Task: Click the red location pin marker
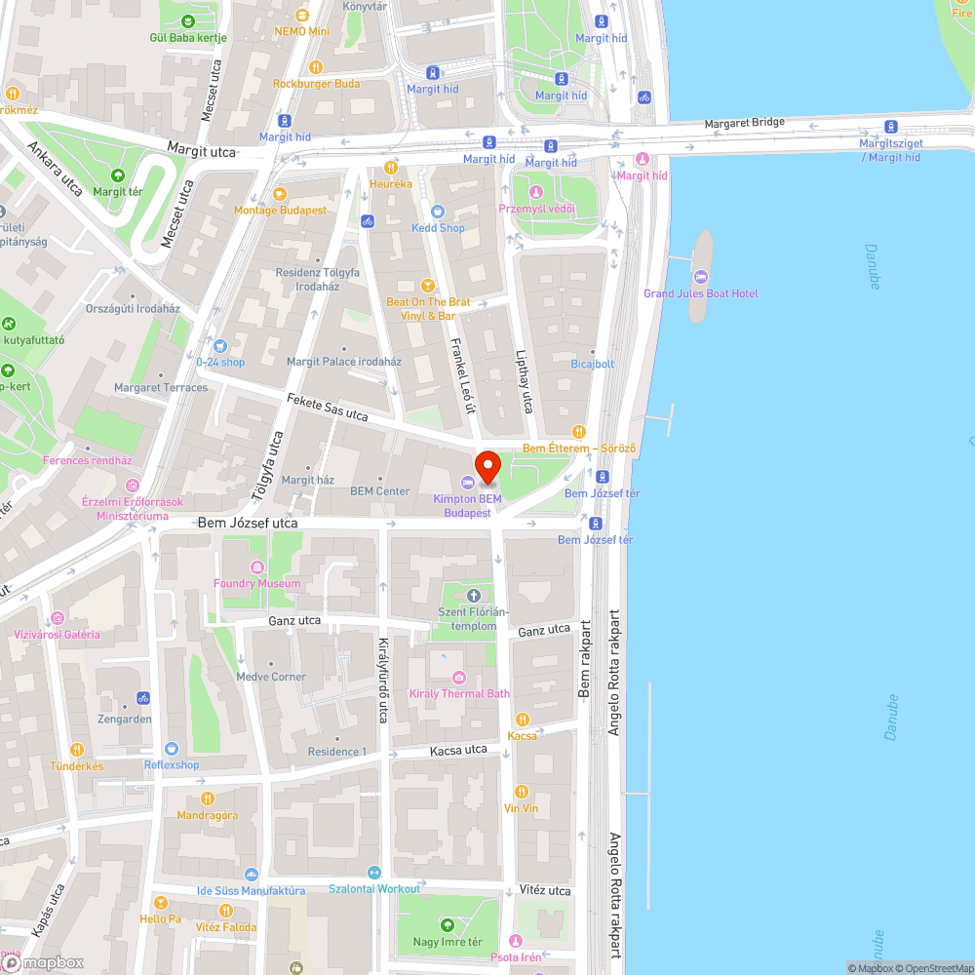(x=487, y=466)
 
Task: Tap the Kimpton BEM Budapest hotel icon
(x=467, y=483)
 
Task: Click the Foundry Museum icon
(x=257, y=567)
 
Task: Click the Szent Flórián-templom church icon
(x=474, y=596)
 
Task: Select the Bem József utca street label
(x=248, y=524)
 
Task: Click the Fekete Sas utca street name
(x=328, y=408)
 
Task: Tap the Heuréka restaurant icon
(x=391, y=167)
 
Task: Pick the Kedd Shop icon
(x=438, y=211)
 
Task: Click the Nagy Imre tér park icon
(x=448, y=924)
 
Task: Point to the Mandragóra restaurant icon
(x=207, y=799)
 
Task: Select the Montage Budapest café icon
(x=280, y=193)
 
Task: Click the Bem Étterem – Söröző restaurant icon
(x=579, y=431)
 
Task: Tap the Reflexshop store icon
(x=172, y=748)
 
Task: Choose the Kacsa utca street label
(x=458, y=751)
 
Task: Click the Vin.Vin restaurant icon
(x=521, y=792)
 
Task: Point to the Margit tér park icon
(x=117, y=175)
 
